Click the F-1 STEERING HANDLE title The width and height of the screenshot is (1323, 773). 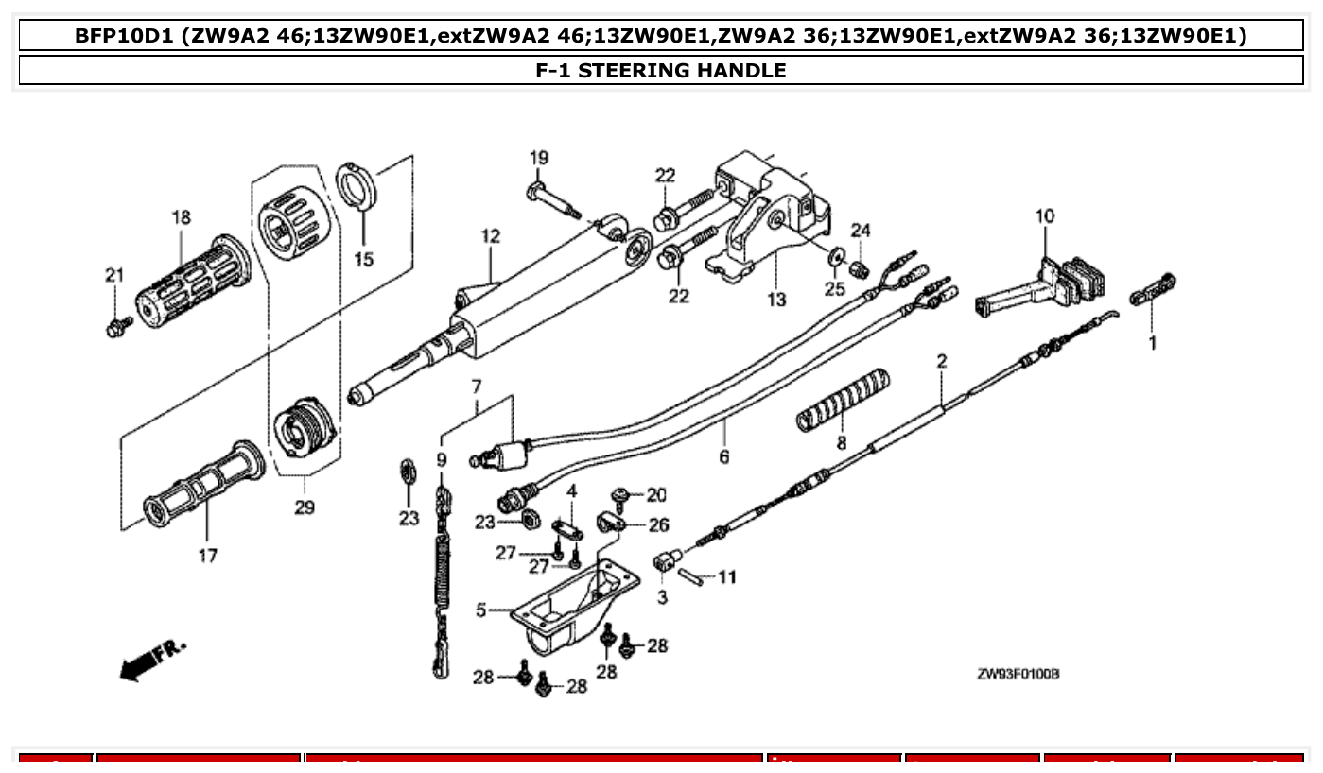click(660, 70)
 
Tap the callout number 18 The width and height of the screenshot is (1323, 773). click(181, 217)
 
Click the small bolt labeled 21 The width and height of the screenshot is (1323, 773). click(115, 328)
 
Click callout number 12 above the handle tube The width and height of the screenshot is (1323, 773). click(490, 235)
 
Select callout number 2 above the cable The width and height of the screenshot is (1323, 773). click(942, 360)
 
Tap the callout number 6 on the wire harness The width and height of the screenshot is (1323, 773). click(724, 456)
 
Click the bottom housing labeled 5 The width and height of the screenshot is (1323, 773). click(571, 606)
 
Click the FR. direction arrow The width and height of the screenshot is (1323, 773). click(151, 660)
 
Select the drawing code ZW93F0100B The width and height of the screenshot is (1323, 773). click(1018, 674)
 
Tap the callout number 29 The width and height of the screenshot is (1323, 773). click(304, 507)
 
